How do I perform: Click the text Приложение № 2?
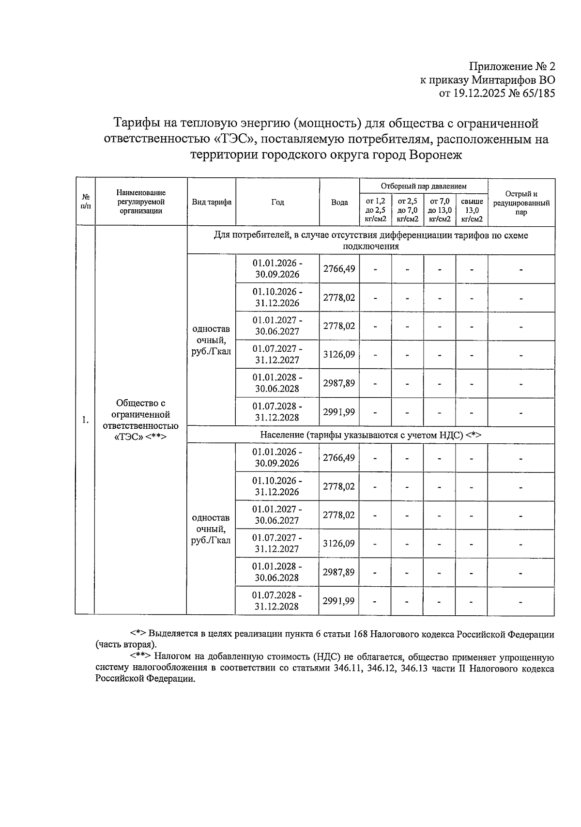click(512, 67)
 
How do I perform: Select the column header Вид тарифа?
click(212, 202)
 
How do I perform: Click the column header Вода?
click(339, 202)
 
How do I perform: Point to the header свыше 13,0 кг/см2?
click(472, 210)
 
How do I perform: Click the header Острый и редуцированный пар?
click(521, 203)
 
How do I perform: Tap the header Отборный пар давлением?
click(423, 186)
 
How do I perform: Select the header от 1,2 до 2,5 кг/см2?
click(375, 210)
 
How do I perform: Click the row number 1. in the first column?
click(85, 420)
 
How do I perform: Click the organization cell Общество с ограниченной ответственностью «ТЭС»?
click(140, 420)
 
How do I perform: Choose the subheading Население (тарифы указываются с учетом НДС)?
click(370, 435)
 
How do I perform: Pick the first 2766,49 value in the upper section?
click(339, 268)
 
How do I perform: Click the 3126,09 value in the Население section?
click(339, 543)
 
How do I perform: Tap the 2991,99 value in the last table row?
click(339, 601)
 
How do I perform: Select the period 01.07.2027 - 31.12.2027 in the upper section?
click(277, 354)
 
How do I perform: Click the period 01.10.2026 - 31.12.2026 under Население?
click(277, 486)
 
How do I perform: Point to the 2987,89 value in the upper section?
click(339, 383)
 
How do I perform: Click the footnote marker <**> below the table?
click(141, 656)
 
